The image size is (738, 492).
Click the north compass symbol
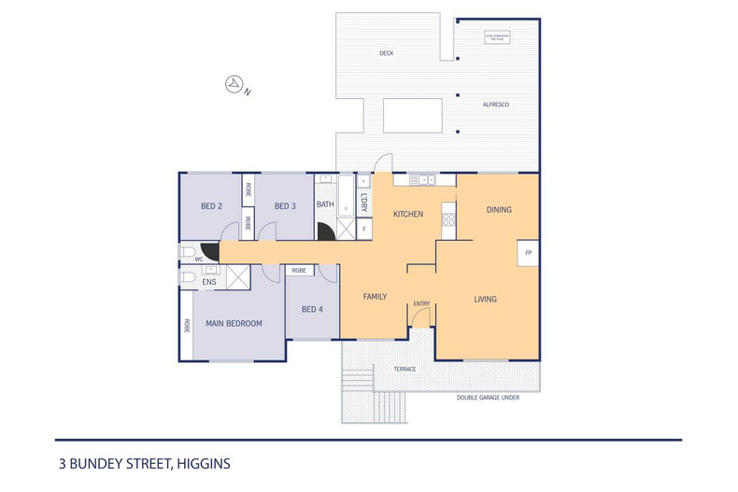(x=234, y=85)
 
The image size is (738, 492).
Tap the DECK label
(x=386, y=53)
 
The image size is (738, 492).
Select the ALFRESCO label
(x=494, y=105)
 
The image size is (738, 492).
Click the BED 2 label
(x=211, y=205)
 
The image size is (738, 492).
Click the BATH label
(x=325, y=204)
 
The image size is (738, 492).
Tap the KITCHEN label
(x=408, y=214)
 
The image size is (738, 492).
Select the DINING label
(x=499, y=210)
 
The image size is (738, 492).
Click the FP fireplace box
(x=529, y=253)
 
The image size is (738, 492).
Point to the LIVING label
(x=485, y=299)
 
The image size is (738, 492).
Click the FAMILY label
(x=375, y=296)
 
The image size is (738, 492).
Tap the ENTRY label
(x=421, y=302)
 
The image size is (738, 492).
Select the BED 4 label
(x=311, y=309)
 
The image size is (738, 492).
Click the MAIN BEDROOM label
(x=234, y=323)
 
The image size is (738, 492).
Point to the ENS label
(x=209, y=281)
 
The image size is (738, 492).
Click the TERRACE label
(x=404, y=369)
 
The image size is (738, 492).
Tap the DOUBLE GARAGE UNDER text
(x=488, y=397)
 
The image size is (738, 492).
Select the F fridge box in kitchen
(x=364, y=228)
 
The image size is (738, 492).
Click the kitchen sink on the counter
(x=425, y=178)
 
